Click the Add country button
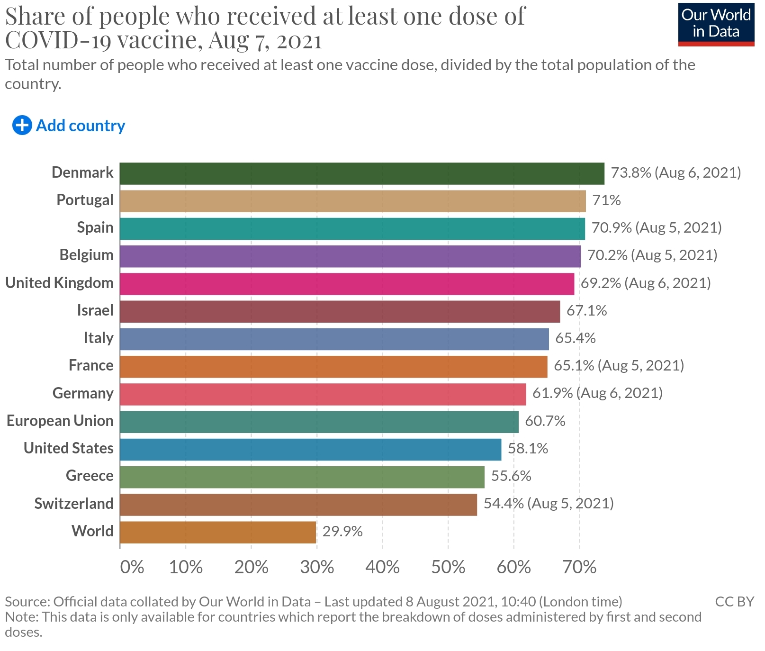[x=69, y=126]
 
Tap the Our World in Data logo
[x=716, y=24]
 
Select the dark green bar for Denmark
[x=362, y=173]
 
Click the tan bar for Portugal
[x=352, y=201]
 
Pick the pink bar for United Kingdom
[x=347, y=284]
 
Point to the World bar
[x=218, y=532]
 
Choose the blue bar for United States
[x=310, y=449]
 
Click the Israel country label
[x=95, y=310]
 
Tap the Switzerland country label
[x=74, y=503]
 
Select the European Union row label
[x=60, y=421]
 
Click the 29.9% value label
[x=342, y=532]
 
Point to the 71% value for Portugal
[x=606, y=200]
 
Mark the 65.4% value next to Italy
[x=575, y=338]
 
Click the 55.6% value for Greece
[x=511, y=476]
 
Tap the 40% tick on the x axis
[x=382, y=567]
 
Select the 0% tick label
[x=132, y=567]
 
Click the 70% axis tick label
[x=579, y=567]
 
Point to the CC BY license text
[x=734, y=602]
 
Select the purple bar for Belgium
[x=350, y=256]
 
